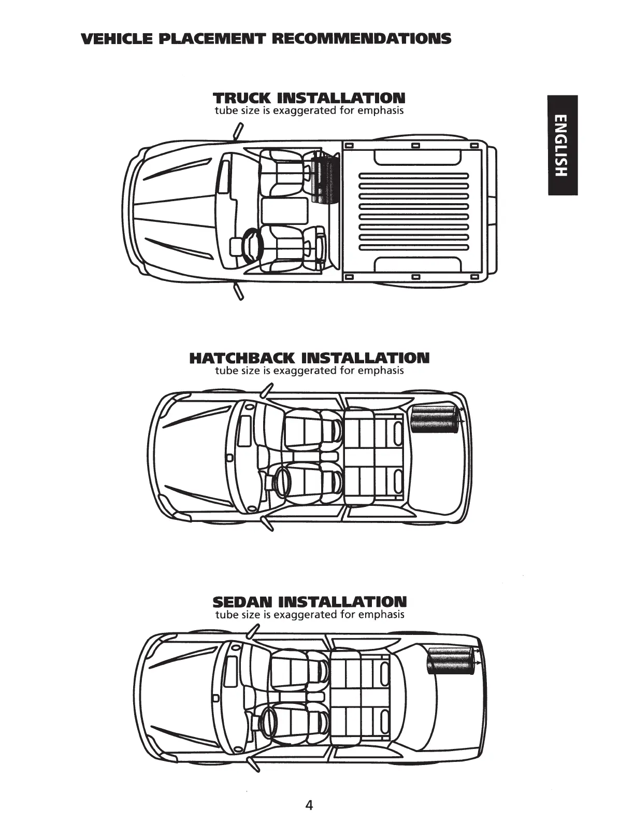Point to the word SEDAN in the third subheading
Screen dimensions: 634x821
click(242, 602)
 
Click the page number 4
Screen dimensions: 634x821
click(309, 805)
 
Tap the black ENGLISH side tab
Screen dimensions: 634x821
click(562, 145)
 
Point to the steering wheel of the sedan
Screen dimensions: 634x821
click(269, 721)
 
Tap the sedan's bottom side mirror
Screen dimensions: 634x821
click(254, 764)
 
